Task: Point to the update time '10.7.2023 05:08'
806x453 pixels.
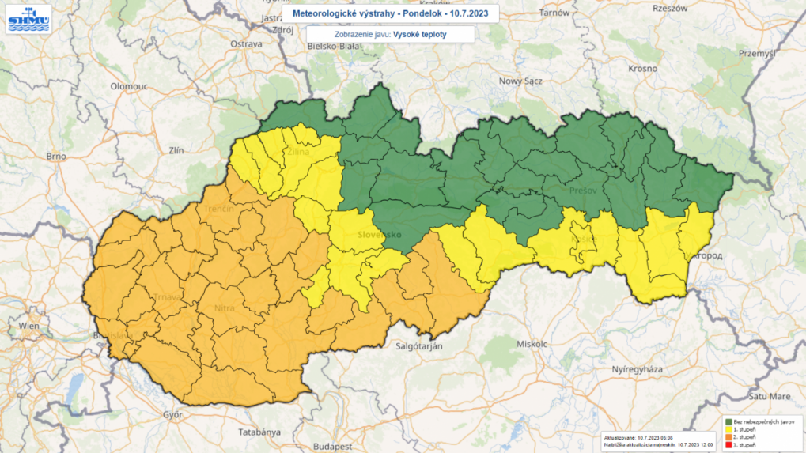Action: tap(658, 436)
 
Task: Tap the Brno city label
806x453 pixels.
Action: tap(55, 157)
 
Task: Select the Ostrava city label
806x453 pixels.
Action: tap(246, 44)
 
